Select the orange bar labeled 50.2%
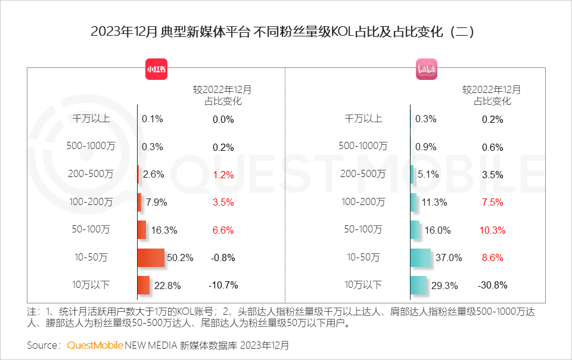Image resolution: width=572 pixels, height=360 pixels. click(151, 257)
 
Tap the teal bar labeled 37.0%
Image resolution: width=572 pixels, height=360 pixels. click(421, 257)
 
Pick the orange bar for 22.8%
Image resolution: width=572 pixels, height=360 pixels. click(144, 285)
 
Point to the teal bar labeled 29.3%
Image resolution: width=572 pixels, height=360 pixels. click(418, 285)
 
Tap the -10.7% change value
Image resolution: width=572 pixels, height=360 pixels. click(223, 285)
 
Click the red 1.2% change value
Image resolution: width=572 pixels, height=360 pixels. click(223, 175)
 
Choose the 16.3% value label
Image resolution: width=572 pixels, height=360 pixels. click(164, 230)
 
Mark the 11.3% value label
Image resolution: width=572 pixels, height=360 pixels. click(434, 203)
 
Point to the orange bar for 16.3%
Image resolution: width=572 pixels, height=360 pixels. click(142, 229)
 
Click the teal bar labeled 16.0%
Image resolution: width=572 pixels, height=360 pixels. click(415, 229)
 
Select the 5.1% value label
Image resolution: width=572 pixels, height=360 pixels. click(428, 175)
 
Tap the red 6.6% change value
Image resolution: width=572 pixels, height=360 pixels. click(223, 230)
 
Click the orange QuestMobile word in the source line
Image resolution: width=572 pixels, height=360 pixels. click(95, 345)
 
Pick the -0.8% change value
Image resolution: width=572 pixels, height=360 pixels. click(223, 258)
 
